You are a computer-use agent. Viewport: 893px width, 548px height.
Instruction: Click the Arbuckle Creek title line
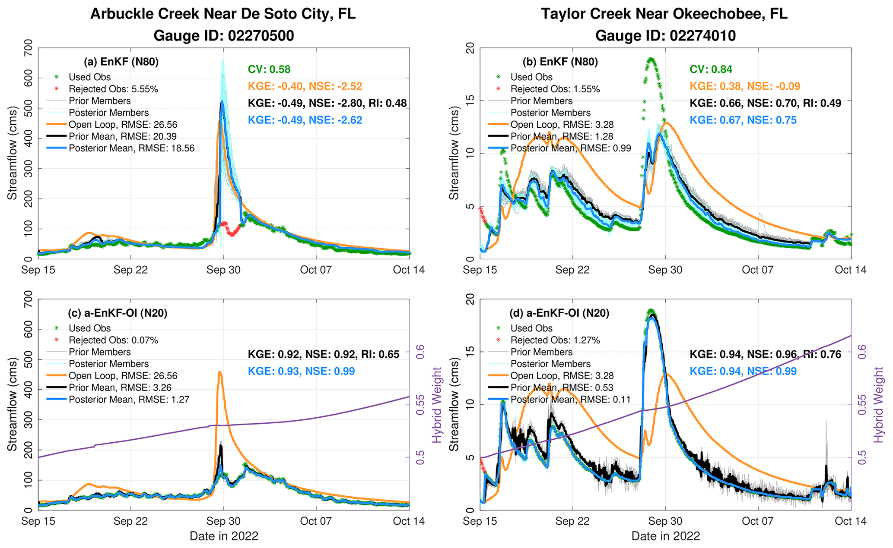222,14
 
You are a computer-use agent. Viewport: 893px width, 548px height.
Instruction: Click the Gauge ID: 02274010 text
665,35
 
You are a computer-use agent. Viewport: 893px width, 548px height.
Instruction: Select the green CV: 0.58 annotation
269,69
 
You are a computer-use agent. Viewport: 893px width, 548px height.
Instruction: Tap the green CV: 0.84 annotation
711,69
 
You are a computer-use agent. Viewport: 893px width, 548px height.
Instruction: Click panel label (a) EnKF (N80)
121,62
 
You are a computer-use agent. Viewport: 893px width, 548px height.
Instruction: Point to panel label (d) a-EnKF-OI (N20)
559,313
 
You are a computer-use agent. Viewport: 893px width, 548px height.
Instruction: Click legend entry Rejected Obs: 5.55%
113,89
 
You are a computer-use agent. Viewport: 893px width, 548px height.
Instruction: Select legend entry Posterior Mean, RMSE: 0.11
570,400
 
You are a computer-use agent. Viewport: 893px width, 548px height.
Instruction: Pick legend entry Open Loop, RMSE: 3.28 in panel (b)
562,125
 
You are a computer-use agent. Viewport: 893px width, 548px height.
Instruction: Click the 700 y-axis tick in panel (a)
28,48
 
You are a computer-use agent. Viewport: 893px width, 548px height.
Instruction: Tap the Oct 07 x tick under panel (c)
316,521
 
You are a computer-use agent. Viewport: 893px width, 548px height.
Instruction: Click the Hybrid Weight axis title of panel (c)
437,405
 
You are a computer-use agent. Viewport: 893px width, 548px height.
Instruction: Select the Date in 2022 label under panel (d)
665,536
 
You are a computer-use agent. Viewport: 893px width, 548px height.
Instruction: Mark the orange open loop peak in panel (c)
220,372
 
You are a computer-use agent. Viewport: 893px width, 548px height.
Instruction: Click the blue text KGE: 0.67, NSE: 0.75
743,120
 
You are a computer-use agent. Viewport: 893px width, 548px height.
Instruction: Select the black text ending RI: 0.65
324,355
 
